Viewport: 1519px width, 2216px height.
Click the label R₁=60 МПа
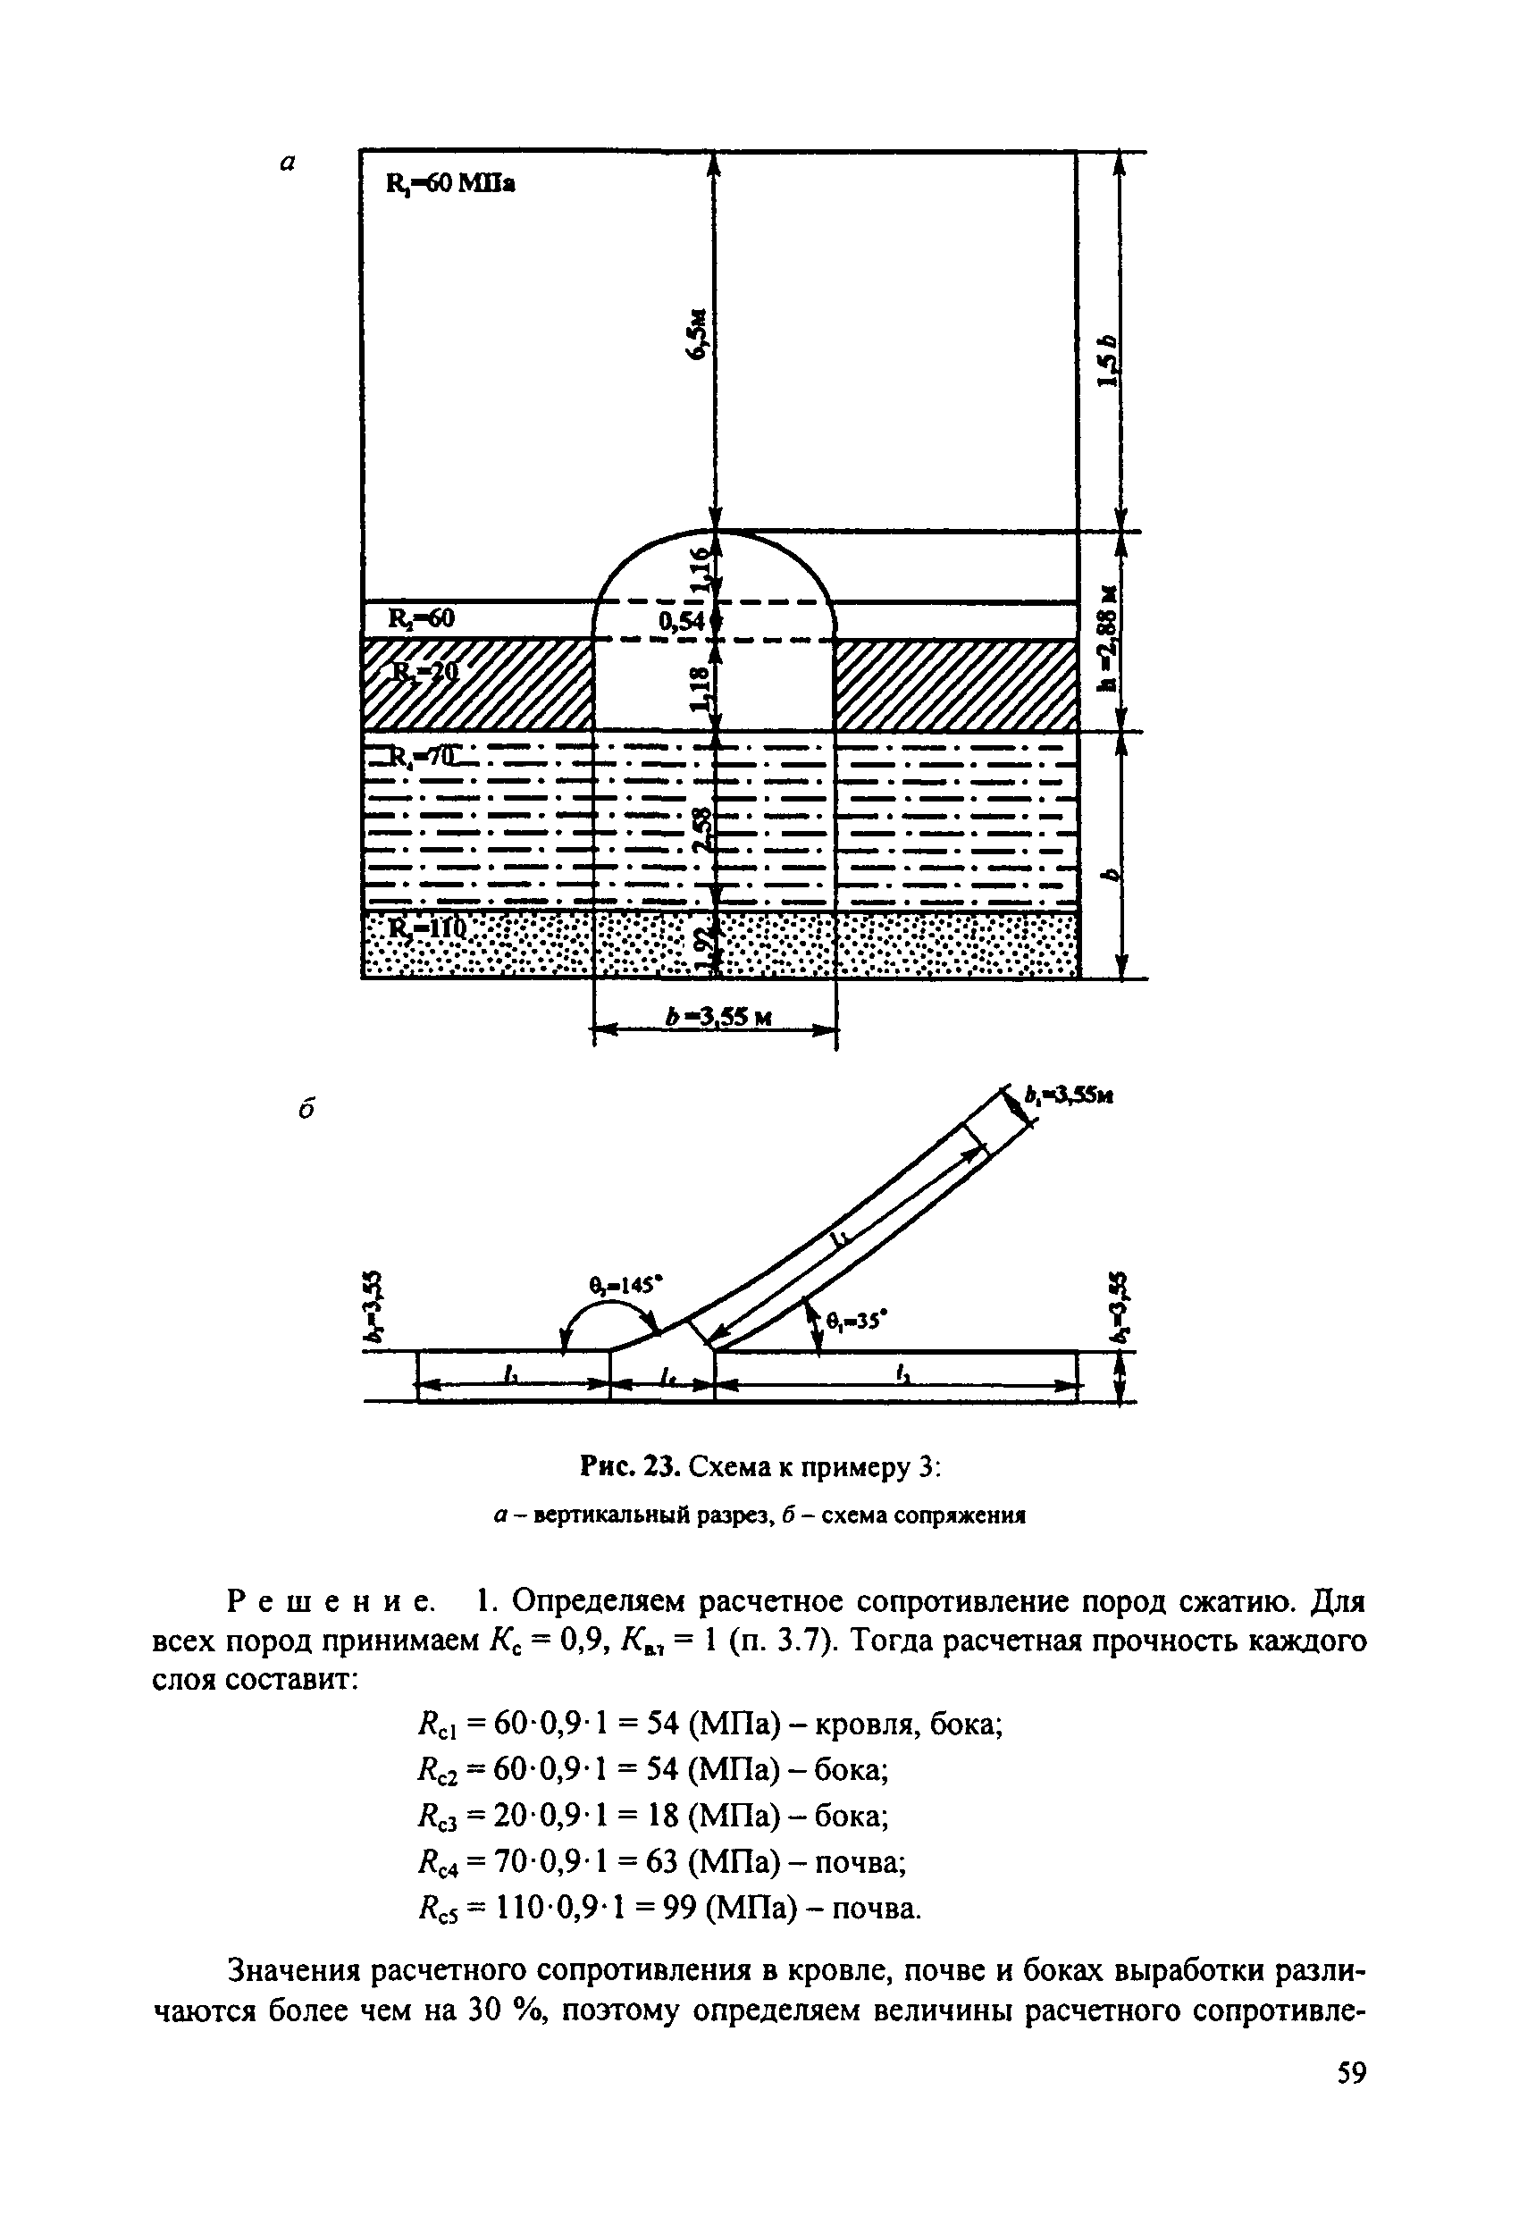[x=450, y=184]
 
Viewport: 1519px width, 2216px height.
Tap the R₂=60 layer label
[x=421, y=619]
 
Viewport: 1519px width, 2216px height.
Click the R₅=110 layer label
[x=425, y=927]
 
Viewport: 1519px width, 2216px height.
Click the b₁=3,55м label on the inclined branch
[x=1068, y=1097]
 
